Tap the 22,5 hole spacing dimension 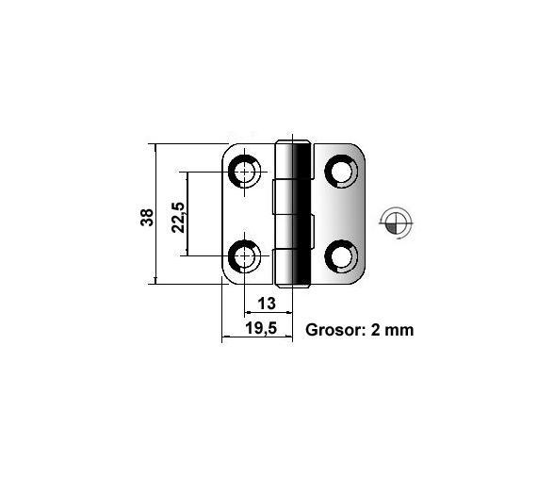click(x=178, y=215)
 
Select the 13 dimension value click(x=267, y=303)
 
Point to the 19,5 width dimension click(x=259, y=329)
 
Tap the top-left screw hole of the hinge click(x=247, y=173)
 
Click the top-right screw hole click(x=340, y=173)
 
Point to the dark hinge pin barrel click(x=300, y=214)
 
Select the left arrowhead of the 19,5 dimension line click(x=225, y=338)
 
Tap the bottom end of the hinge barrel click(x=293, y=283)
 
